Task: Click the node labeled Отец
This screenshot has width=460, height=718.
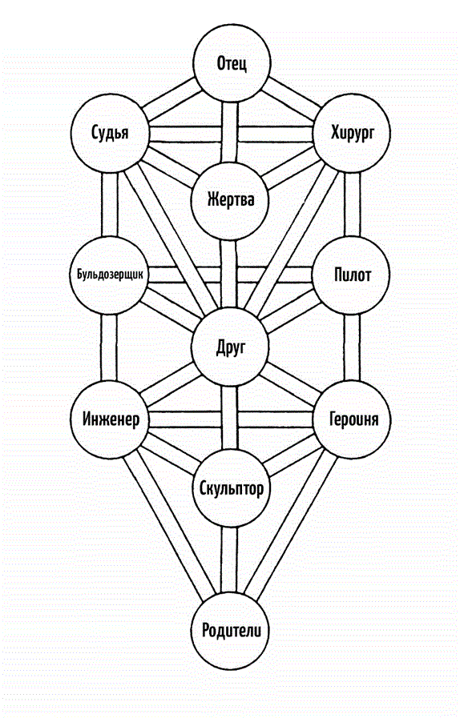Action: (232, 63)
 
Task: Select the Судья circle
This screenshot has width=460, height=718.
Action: (110, 133)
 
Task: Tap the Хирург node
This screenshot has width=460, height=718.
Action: (352, 133)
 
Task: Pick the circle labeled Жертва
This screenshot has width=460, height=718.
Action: (230, 201)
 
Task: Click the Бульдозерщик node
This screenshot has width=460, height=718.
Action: (109, 275)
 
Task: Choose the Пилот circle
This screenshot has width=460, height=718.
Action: (352, 275)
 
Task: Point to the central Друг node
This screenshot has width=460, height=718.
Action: (230, 347)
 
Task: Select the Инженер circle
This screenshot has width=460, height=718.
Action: (110, 419)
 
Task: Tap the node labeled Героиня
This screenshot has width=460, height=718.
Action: (353, 419)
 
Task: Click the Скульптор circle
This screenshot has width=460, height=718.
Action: (231, 488)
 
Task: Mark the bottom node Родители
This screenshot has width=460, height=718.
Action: (230, 631)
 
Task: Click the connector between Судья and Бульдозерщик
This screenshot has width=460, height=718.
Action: (110, 204)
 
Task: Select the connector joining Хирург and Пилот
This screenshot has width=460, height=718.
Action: (352, 204)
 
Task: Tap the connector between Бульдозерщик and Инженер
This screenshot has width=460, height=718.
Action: (109, 347)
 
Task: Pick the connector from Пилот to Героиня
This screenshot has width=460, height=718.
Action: (352, 347)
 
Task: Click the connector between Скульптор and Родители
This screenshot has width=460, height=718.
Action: (230, 560)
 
